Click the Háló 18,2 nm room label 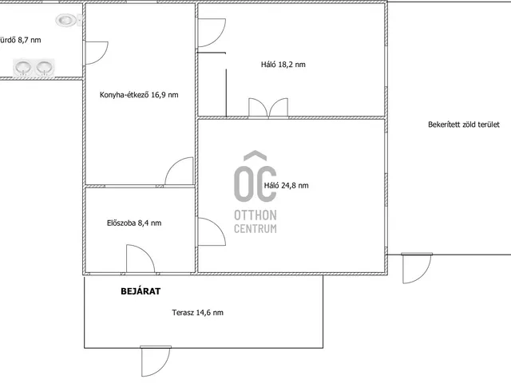pos(283,65)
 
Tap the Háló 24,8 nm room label pos(286,186)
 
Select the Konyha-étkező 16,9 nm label pos(139,95)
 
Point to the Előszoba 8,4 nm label pos(134,223)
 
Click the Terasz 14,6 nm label pos(197,313)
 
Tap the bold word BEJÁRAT pos(141,291)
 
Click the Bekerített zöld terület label pos(463,124)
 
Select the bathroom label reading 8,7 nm pos(20,40)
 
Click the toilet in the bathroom pos(68,20)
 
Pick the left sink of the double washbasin pos(23,67)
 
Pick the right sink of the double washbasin pos(45,67)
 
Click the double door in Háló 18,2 pos(268,107)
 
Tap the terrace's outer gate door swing pos(155,361)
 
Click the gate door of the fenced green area pos(417,268)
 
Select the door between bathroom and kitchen pos(97,53)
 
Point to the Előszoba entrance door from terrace pos(141,259)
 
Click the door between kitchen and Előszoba pos(179,172)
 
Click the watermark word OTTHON pos(255,215)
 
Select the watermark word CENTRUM pos(255,229)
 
